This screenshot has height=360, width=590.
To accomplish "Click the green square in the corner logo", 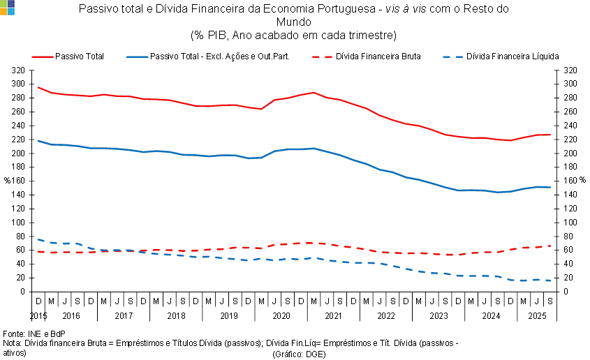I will [x=3, y=3].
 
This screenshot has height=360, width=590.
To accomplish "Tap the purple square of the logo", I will [x=11, y=3].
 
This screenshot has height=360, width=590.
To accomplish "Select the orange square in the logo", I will [x=3, y=11].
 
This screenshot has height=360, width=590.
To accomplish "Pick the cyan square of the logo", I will [x=11, y=11].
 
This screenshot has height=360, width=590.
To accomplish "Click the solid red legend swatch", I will [x=43, y=57].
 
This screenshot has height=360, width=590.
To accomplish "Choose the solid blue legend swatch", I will [x=137, y=57].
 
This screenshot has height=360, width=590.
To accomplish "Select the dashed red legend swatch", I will [x=323, y=57].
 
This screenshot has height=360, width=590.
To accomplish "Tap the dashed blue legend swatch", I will [x=453, y=57].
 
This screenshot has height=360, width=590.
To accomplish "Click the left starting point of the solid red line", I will [x=38, y=87].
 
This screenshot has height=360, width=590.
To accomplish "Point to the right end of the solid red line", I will [x=551, y=135].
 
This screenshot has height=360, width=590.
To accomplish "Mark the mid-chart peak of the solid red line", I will [x=314, y=92].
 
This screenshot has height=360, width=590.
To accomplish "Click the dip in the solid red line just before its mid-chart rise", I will [x=261, y=109].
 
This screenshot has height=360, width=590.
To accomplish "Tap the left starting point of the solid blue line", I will [x=38, y=140].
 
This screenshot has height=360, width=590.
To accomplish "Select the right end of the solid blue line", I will [x=551, y=187].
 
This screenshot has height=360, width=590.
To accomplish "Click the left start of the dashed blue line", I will [x=38, y=239].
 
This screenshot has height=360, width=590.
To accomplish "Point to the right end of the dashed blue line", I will [x=551, y=280].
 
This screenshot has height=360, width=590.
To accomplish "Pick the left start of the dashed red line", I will [x=38, y=252].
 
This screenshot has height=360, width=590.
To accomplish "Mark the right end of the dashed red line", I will [x=551, y=246].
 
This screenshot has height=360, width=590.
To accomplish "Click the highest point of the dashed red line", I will [x=309, y=243].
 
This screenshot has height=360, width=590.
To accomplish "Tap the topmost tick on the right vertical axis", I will [x=556, y=70].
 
